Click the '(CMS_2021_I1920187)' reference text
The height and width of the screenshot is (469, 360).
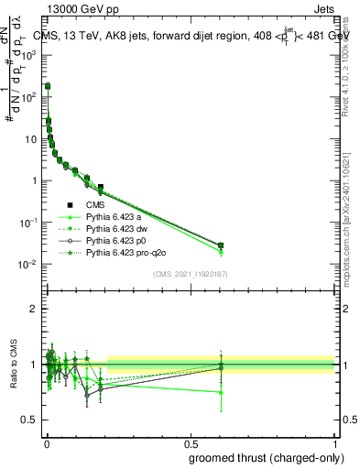pos(191,274)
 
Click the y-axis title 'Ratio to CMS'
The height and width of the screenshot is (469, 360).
pos(13,365)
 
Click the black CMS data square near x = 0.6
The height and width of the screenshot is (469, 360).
pos(221,245)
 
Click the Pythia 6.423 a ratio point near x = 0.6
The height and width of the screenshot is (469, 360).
pos(221,392)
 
